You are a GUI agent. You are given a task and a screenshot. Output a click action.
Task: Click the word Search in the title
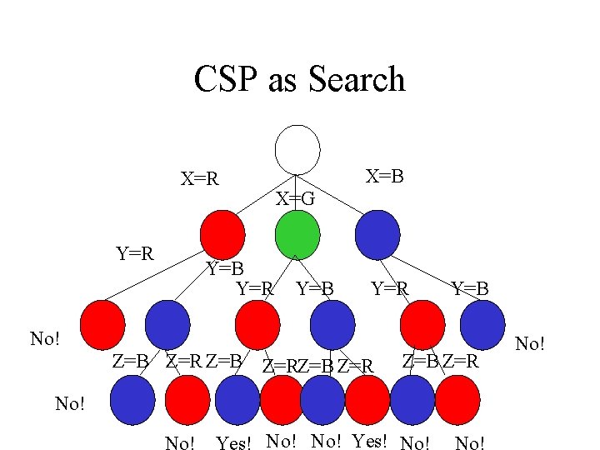(356, 80)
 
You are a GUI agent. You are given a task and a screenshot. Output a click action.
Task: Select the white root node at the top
(297, 150)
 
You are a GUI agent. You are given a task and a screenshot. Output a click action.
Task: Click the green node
(297, 235)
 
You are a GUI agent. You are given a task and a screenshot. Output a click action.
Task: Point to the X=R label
(200, 178)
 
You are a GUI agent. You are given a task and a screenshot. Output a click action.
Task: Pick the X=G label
(296, 199)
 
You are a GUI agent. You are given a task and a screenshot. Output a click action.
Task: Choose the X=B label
(385, 174)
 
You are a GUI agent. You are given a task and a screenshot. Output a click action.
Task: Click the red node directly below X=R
(222, 235)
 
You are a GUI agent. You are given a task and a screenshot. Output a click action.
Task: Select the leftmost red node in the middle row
(102, 324)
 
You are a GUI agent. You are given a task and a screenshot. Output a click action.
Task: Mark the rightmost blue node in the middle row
(482, 324)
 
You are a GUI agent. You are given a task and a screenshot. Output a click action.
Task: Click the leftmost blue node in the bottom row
(132, 400)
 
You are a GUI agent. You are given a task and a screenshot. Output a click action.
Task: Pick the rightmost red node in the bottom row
(457, 400)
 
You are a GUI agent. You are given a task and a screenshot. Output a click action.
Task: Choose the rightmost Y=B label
(470, 289)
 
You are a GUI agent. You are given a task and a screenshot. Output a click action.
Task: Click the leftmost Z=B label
(130, 362)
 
